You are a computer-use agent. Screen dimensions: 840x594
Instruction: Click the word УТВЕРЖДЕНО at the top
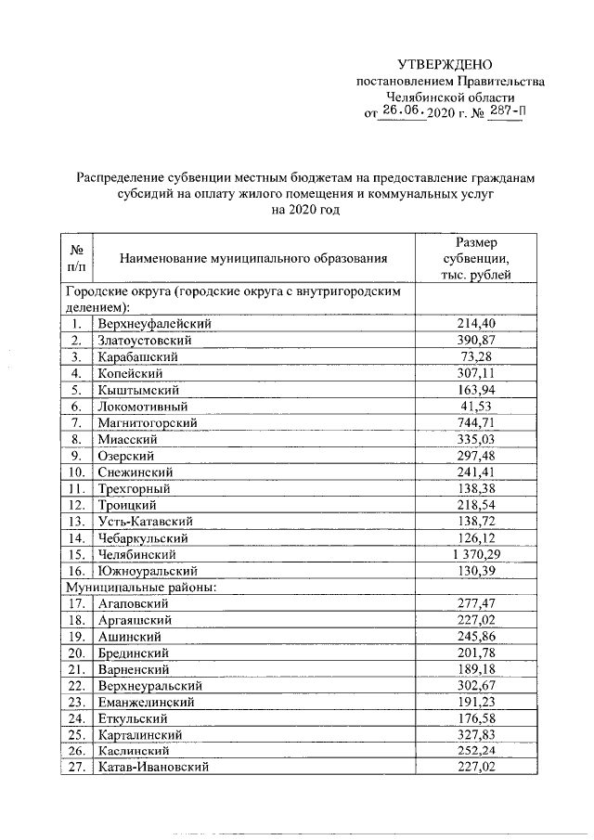coord(450,64)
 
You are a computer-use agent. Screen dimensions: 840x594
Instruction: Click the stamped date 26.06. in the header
coord(403,112)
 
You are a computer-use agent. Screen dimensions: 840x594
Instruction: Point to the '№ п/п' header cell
coord(77,257)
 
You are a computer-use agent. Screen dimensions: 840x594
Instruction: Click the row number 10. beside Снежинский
coord(77,472)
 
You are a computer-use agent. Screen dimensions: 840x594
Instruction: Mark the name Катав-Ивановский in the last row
coord(153,767)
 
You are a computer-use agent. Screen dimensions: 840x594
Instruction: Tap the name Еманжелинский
coord(146,702)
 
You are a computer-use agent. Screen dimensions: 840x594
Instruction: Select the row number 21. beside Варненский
coord(77,668)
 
